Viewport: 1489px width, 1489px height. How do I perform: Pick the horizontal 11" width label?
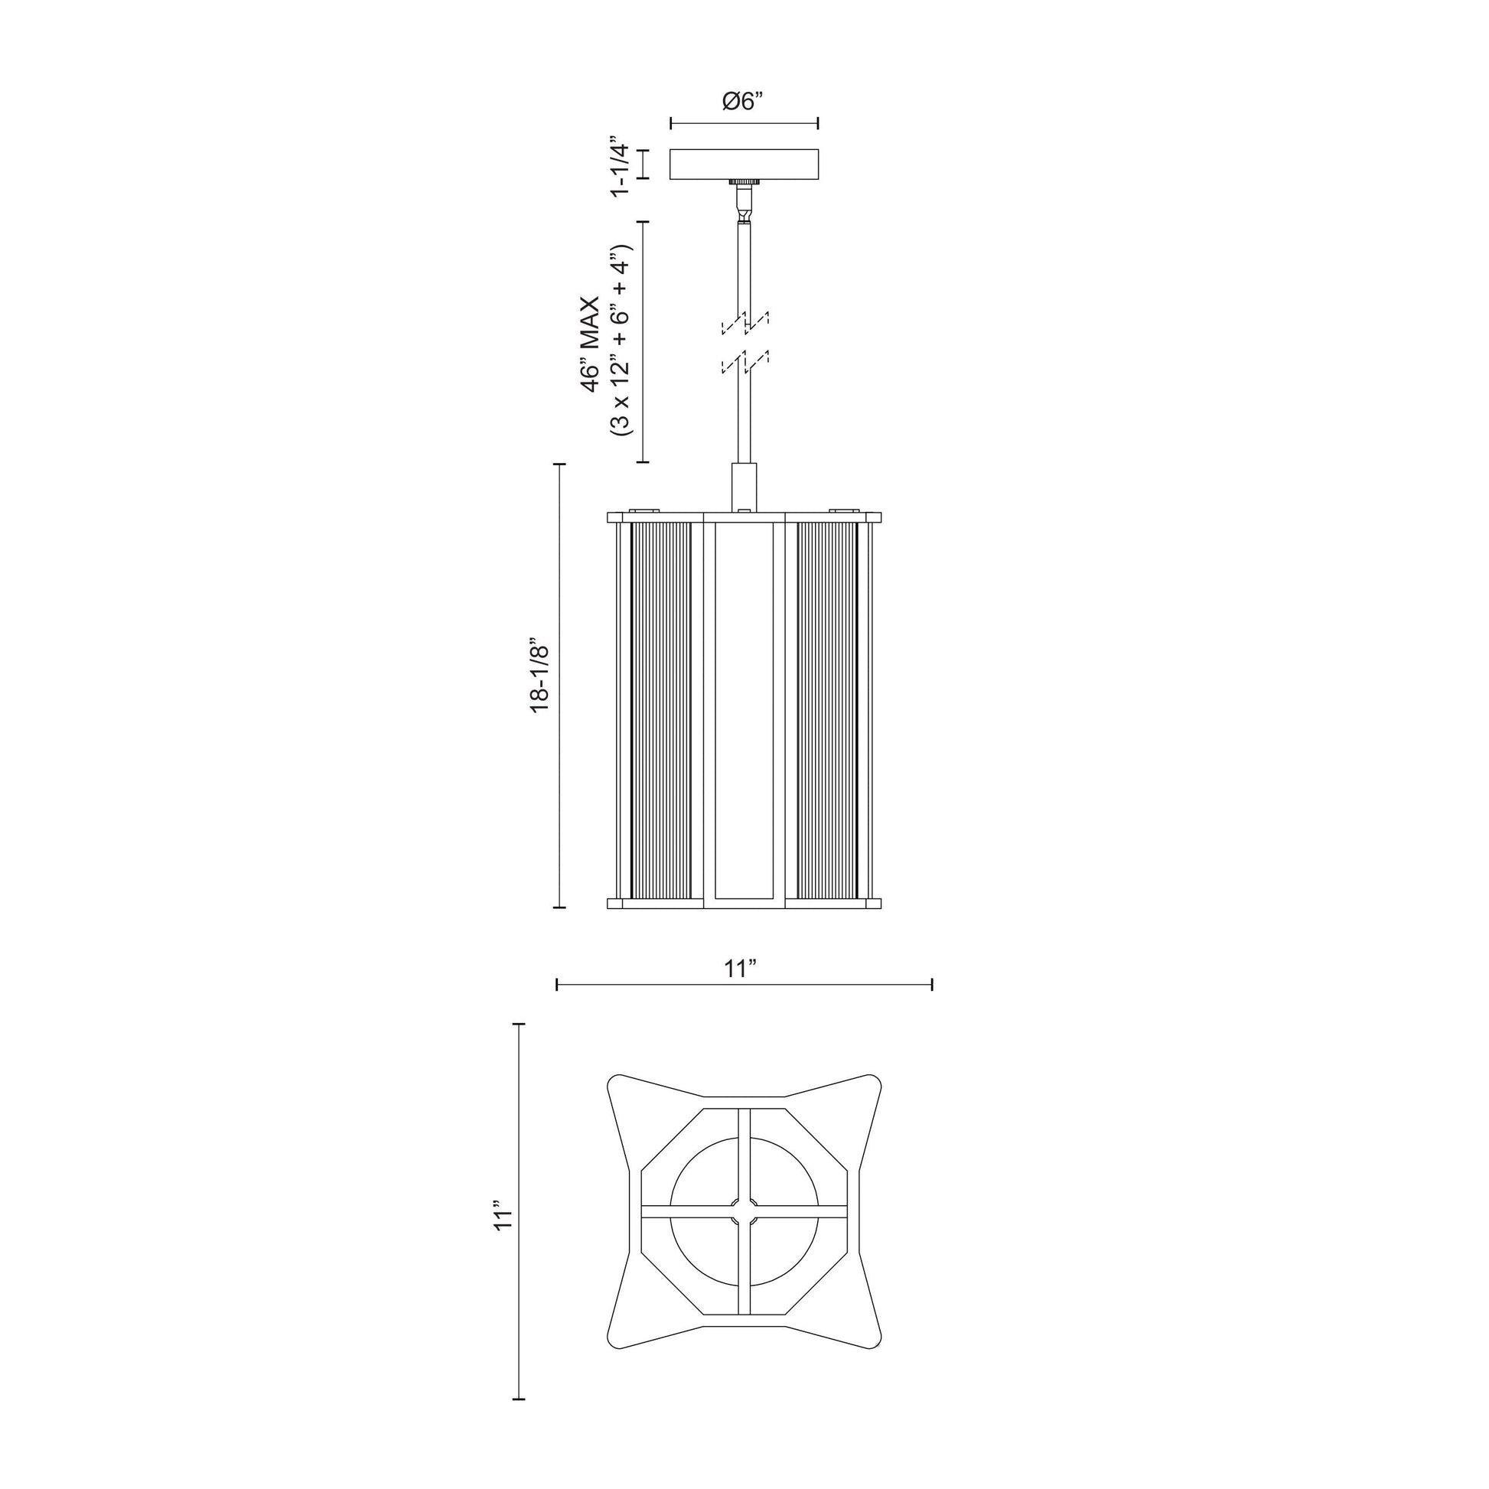tap(741, 968)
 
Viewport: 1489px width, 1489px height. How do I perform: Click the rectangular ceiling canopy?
tap(744, 165)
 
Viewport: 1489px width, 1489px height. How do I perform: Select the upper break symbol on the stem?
tap(744, 323)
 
